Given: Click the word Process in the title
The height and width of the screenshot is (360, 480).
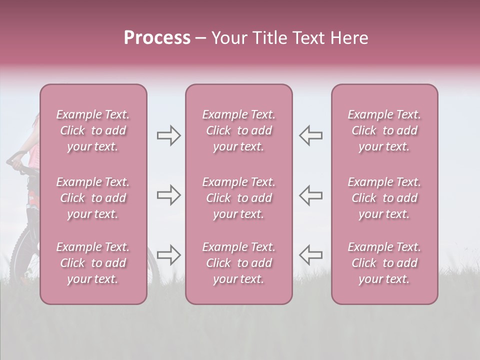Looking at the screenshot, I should pyautogui.click(x=157, y=38).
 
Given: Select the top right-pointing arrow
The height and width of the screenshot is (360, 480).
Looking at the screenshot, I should pyautogui.click(x=168, y=135).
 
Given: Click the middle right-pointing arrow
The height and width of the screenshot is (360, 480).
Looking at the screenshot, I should pyautogui.click(x=168, y=195).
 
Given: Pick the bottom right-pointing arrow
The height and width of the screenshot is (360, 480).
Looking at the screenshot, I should pyautogui.click(x=168, y=254).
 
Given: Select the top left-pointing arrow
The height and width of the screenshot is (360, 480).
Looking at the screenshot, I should pyautogui.click(x=311, y=135).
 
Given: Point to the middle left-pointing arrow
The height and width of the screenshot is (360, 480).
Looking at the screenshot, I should pyautogui.click(x=311, y=195).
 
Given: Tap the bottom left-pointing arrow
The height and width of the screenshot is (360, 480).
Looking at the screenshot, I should pyautogui.click(x=311, y=254).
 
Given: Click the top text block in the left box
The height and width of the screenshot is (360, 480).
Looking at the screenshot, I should pyautogui.click(x=93, y=130).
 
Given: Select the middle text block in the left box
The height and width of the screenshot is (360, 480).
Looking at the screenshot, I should pyautogui.click(x=93, y=198).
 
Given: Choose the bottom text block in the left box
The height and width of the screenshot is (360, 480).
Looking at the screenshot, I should pyautogui.click(x=93, y=263).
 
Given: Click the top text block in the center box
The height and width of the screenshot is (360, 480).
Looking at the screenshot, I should pyautogui.click(x=238, y=130).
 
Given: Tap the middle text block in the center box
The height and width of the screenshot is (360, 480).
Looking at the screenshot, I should pyautogui.click(x=238, y=198).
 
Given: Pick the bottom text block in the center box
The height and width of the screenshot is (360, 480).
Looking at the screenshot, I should pyautogui.click(x=238, y=263).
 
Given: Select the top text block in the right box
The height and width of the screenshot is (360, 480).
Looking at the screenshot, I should pyautogui.click(x=384, y=130).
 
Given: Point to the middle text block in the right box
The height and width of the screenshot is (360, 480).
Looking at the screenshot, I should pyautogui.click(x=384, y=198).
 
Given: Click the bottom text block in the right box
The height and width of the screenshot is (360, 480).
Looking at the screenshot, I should pyautogui.click(x=384, y=263).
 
